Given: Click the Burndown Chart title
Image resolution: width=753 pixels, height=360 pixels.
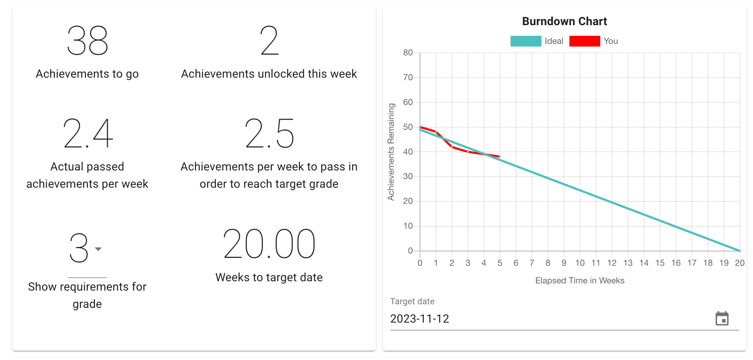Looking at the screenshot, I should pyautogui.click(x=564, y=22).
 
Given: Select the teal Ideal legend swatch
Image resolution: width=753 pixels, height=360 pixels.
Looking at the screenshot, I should pyautogui.click(x=525, y=41).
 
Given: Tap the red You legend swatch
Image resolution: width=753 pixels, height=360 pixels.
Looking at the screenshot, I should pyautogui.click(x=584, y=41).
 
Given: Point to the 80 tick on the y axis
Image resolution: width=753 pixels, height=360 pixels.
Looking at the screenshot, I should pyautogui.click(x=408, y=53).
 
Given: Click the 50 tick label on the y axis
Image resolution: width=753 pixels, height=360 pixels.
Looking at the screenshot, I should pyautogui.click(x=408, y=127).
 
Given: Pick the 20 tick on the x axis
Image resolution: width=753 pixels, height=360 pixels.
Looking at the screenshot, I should pyautogui.click(x=739, y=263).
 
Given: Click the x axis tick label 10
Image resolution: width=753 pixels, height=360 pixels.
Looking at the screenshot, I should pyautogui.click(x=580, y=263).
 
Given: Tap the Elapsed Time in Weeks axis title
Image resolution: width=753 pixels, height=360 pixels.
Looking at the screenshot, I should pyautogui.click(x=580, y=281).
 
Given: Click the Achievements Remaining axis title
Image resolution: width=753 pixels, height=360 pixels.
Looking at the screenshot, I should pyautogui.click(x=391, y=152).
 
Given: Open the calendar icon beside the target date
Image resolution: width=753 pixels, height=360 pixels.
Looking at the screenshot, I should pyautogui.click(x=722, y=319).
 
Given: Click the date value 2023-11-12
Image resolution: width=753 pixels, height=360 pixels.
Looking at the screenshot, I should pyautogui.click(x=420, y=319).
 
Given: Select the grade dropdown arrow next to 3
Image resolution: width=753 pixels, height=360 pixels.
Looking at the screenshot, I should pyautogui.click(x=98, y=249).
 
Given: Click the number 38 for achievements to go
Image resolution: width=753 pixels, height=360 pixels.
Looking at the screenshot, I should pyautogui.click(x=87, y=40).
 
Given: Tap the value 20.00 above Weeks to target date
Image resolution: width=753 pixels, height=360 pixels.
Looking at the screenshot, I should pyautogui.click(x=269, y=244).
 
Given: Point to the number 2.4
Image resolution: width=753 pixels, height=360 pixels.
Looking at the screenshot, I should pyautogui.click(x=87, y=133).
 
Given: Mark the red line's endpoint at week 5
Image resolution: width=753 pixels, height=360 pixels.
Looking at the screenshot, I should pyautogui.click(x=499, y=156).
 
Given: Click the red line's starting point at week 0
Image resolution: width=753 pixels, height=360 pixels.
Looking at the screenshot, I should pyautogui.click(x=420, y=127).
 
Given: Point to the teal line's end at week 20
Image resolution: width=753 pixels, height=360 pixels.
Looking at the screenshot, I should pyautogui.click(x=739, y=250).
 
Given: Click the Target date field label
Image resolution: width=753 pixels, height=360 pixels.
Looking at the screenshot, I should pyautogui.click(x=412, y=301).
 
